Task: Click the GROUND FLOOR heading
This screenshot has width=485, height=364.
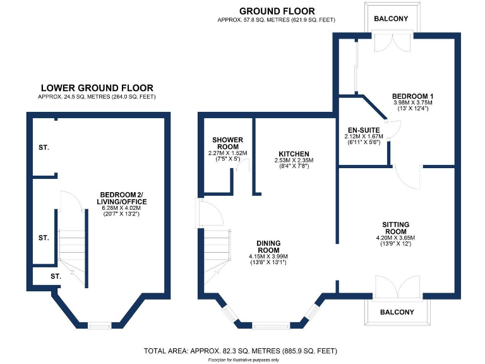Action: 277,11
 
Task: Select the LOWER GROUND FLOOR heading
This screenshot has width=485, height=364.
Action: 97,88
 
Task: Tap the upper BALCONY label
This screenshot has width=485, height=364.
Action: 391,19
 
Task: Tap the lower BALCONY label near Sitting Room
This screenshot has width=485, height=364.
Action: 397,312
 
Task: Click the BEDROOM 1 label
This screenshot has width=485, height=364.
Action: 409,96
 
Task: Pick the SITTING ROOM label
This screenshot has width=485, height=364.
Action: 396,227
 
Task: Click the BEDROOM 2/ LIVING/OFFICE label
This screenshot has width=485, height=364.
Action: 123,198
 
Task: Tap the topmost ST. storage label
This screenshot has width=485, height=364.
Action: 43,147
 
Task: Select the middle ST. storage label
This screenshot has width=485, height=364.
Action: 43,238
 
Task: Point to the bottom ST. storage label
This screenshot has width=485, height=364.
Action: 56,276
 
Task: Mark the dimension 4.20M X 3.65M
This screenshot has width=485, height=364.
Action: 396,238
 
